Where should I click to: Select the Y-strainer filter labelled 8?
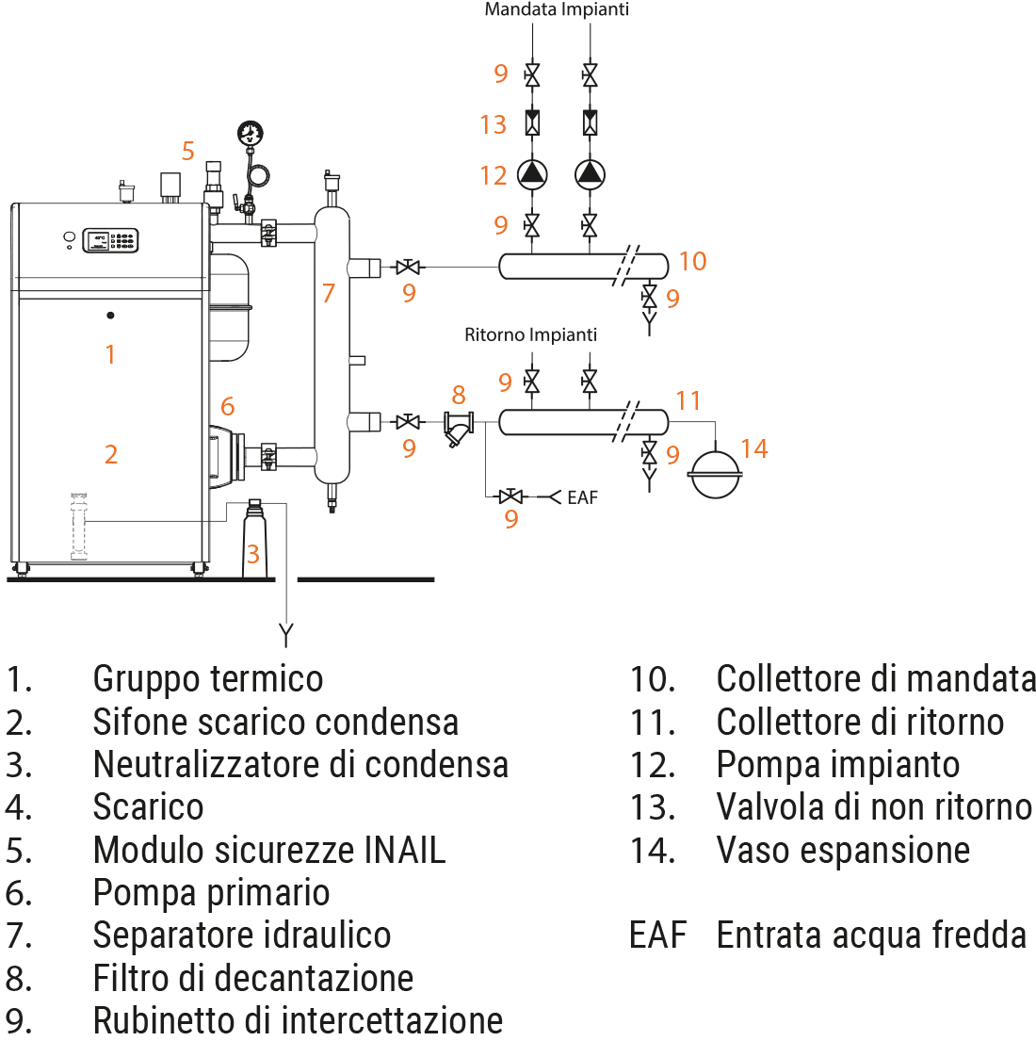(x=459, y=429)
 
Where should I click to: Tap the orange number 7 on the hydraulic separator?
(x=328, y=293)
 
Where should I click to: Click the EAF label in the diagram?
(x=582, y=496)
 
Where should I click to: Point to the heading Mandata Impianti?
(x=556, y=10)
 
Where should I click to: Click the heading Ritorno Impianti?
(x=530, y=334)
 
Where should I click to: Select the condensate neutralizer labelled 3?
(x=253, y=537)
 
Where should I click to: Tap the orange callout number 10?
(x=692, y=261)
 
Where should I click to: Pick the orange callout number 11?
(x=688, y=401)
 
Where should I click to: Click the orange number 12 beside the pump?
(x=493, y=174)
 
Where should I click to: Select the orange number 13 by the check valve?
(x=493, y=123)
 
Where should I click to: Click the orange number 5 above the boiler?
(x=188, y=151)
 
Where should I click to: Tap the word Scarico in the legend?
(x=148, y=807)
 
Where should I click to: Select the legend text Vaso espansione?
(x=843, y=851)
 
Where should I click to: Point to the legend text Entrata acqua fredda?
(x=871, y=935)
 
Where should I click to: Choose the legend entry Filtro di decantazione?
(x=253, y=979)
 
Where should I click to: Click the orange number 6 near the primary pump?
(x=227, y=407)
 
